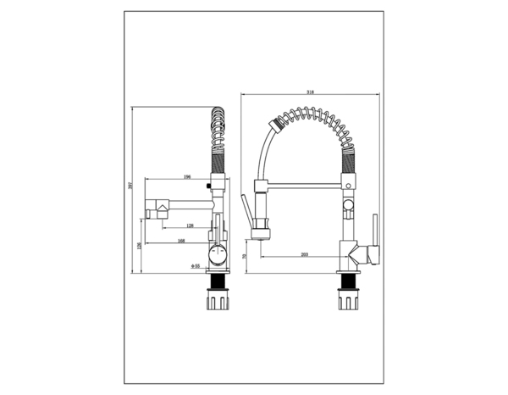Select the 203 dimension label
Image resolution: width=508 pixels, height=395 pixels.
(305, 255)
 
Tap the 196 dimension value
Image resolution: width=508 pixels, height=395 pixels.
(186, 177)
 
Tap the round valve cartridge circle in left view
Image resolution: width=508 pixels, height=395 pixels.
(216, 253)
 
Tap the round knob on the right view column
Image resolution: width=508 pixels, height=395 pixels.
(347, 206)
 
